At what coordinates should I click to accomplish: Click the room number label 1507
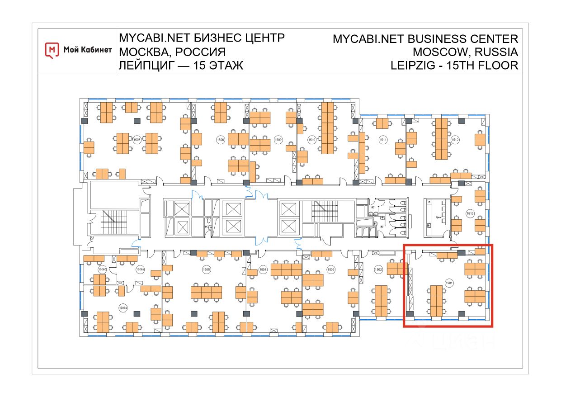(137, 139)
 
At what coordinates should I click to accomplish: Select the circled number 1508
(221, 139)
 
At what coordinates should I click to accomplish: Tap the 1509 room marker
(278, 140)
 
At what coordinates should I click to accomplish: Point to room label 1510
(311, 140)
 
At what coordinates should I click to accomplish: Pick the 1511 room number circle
(383, 140)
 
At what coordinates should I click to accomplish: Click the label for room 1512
(455, 140)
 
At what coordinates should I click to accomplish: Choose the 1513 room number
(470, 213)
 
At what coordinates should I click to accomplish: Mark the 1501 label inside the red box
(449, 283)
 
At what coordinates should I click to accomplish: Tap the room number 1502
(379, 269)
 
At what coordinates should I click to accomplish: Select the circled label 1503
(331, 269)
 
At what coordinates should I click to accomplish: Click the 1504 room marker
(263, 269)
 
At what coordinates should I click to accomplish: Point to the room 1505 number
(206, 269)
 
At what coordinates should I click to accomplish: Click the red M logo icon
(52, 50)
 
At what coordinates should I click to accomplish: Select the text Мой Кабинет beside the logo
(87, 50)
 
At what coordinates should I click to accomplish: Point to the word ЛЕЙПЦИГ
(146, 65)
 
